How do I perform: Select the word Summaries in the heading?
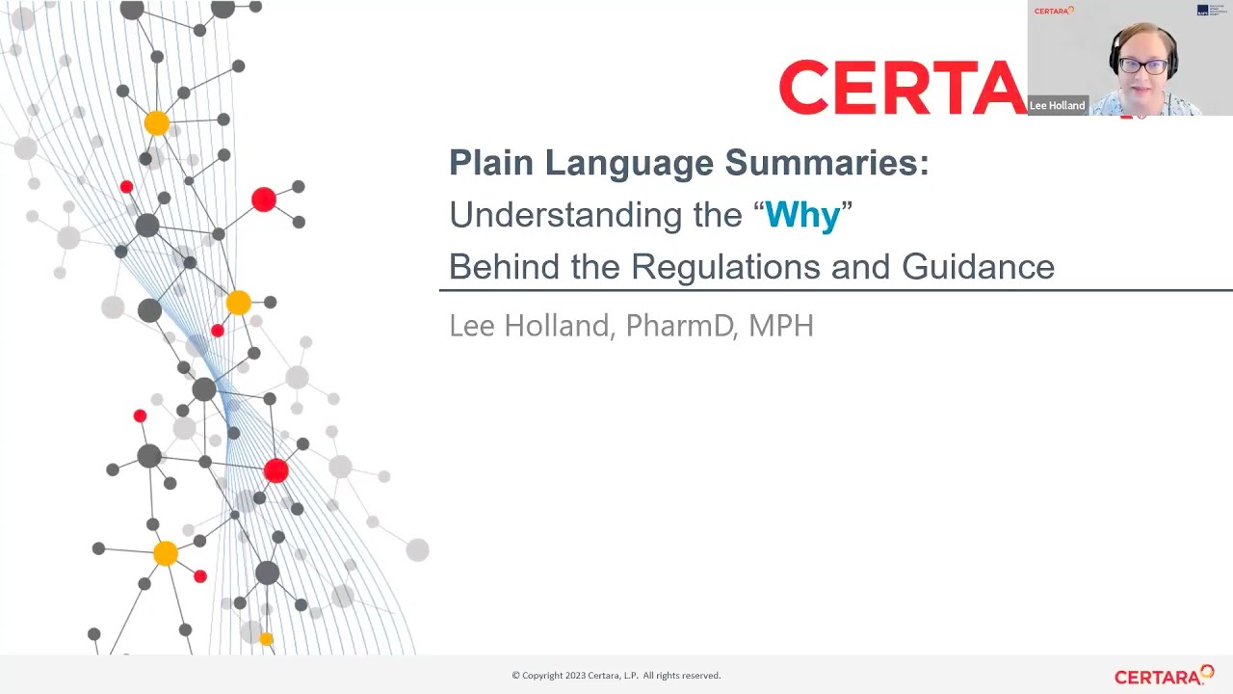click(x=826, y=163)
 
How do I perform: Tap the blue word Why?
click(x=801, y=215)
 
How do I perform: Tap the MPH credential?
click(x=781, y=326)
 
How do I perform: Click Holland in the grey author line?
click(x=557, y=326)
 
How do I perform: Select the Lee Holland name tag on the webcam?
click(x=1057, y=106)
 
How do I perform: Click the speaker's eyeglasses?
click(x=1143, y=67)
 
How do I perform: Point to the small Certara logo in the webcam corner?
click(x=1053, y=11)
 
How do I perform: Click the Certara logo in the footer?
click(x=1164, y=676)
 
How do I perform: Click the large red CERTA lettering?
click(x=901, y=89)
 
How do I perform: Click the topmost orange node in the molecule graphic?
click(x=156, y=123)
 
